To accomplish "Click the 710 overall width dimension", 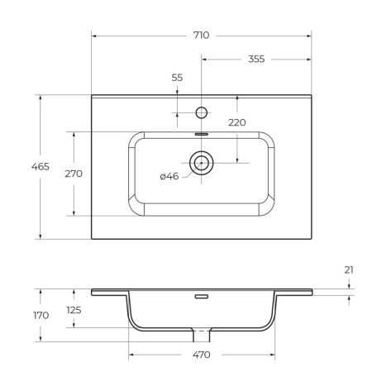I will (x=200, y=36).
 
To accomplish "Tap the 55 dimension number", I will (x=177, y=77).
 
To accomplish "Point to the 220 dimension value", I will (x=238, y=122).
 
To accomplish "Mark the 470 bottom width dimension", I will (x=201, y=355).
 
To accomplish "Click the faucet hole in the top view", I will (x=201, y=110).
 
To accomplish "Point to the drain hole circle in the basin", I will (x=201, y=163).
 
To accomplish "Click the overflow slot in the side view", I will (x=201, y=295).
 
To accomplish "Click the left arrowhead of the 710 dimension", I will (x=93, y=36).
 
